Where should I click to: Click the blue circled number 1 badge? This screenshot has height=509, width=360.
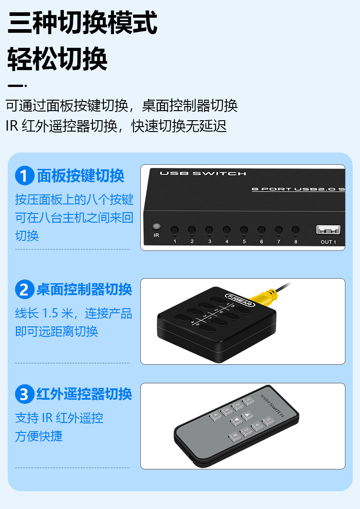(x=25, y=176)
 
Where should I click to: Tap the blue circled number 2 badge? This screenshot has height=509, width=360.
(x=25, y=289)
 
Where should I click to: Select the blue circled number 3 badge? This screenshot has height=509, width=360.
(x=25, y=394)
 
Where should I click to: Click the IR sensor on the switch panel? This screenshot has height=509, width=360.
(x=156, y=227)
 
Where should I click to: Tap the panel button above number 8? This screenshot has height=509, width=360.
(x=295, y=230)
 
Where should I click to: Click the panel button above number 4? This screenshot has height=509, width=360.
(x=226, y=230)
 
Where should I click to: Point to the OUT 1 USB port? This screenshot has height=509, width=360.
(x=329, y=229)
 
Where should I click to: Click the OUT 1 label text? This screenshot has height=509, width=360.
(x=329, y=242)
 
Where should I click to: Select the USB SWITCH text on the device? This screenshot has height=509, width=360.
(x=203, y=173)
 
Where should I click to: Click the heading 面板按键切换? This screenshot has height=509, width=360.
(x=81, y=176)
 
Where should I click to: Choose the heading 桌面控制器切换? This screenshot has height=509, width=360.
(x=84, y=290)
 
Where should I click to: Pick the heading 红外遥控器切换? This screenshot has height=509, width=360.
(x=84, y=394)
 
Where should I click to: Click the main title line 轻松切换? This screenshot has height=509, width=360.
(x=57, y=59)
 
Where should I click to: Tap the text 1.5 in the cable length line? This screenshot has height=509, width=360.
(x=51, y=313)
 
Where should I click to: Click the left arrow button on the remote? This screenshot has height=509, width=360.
(x=236, y=421)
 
